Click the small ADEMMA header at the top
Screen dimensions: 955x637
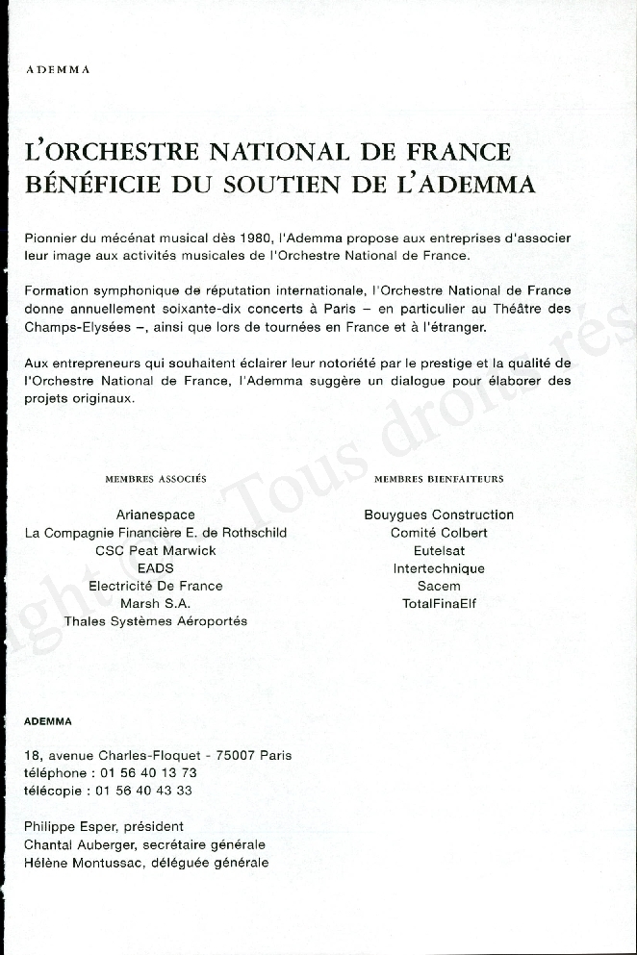57,70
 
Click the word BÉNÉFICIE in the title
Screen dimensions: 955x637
89,184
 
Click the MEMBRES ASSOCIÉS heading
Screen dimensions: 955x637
156,478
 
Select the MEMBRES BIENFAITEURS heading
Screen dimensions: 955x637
439,478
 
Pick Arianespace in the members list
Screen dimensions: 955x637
156,515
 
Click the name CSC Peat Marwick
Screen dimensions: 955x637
156,550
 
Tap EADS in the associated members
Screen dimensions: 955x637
156,568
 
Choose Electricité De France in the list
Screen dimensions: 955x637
156,586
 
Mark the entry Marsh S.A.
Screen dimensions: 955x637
156,603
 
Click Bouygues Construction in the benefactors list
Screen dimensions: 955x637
439,515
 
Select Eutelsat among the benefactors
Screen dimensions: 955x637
439,550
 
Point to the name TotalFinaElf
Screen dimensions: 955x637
439,603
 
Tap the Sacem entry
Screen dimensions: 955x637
439,586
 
